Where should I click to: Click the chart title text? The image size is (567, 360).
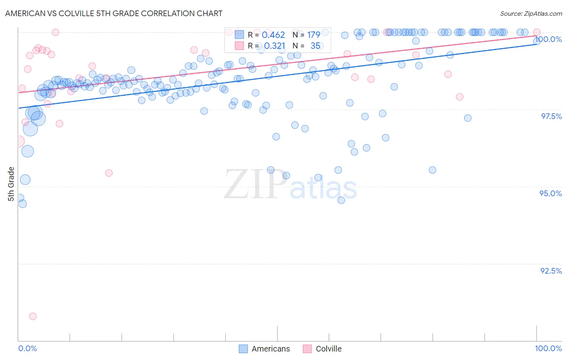point(114,13)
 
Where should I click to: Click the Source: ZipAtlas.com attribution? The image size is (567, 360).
point(531,13)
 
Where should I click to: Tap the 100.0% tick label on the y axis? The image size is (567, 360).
point(548,39)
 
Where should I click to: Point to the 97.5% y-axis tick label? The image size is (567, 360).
point(551,116)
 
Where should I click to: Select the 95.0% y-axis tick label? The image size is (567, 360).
point(551,193)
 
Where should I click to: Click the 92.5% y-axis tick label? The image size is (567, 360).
point(551,271)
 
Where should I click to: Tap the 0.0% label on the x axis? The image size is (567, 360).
point(27,348)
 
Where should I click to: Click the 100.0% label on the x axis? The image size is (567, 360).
point(548,348)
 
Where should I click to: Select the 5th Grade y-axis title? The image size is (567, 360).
point(11,184)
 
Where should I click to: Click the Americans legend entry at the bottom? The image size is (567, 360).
point(270,349)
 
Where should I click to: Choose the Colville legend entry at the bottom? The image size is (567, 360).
point(328,349)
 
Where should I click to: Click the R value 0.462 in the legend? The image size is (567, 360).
point(273,35)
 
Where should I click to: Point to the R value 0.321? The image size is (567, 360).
point(275,46)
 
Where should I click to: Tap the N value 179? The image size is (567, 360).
point(314,35)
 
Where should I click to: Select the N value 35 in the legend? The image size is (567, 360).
point(315,46)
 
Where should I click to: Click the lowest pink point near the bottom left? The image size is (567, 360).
point(33,316)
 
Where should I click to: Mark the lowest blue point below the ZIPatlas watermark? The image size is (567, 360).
point(341,200)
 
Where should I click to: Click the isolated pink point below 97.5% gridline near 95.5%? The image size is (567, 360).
point(109,173)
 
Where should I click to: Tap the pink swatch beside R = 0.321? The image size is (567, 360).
point(239,46)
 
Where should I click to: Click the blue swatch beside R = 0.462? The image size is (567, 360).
point(239,35)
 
